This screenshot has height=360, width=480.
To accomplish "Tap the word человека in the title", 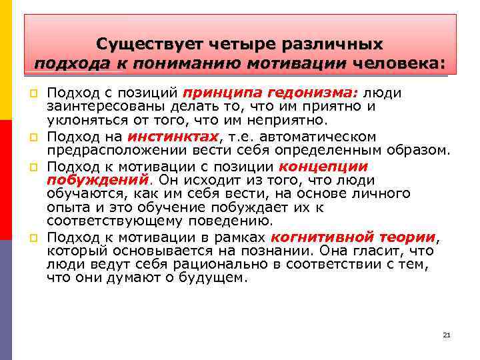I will [397, 64].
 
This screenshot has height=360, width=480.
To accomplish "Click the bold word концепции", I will [323, 166].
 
